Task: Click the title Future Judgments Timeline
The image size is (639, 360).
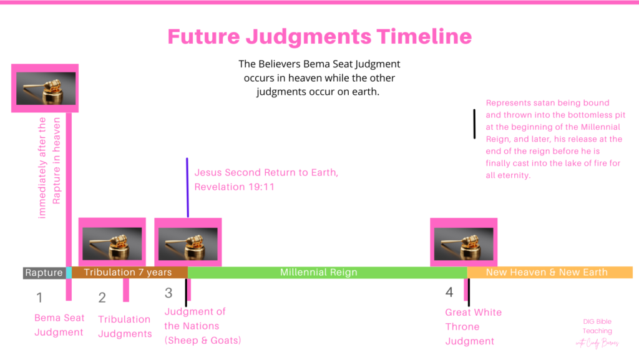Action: click(x=319, y=37)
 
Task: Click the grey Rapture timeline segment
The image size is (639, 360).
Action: click(x=44, y=273)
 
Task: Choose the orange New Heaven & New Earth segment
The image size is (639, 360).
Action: click(x=550, y=273)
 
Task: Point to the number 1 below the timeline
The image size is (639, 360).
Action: click(x=39, y=298)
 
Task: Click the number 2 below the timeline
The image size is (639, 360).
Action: click(x=102, y=298)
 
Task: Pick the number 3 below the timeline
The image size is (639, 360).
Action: click(x=168, y=293)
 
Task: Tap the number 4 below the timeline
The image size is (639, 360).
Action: click(x=449, y=292)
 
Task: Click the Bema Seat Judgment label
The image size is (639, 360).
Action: click(x=59, y=325)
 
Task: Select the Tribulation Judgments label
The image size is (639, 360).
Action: click(x=125, y=326)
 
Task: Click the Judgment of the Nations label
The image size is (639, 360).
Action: click(x=203, y=326)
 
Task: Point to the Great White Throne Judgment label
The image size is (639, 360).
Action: click(x=473, y=326)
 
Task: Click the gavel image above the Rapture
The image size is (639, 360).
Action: click(x=46, y=89)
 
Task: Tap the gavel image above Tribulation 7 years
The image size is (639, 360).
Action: click(x=112, y=243)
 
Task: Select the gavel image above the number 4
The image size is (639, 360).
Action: click(x=464, y=243)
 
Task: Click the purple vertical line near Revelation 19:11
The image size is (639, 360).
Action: click(x=187, y=188)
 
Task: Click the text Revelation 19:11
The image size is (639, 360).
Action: click(x=235, y=187)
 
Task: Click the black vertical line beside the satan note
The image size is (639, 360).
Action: click(x=474, y=124)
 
